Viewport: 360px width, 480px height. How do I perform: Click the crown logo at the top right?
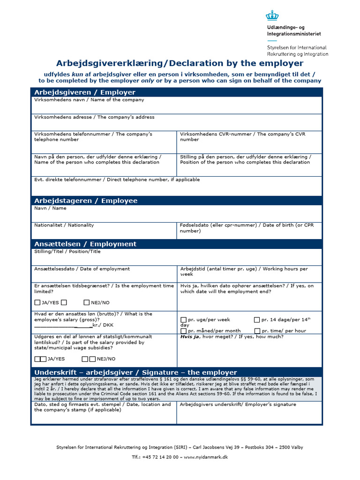coord(272,16)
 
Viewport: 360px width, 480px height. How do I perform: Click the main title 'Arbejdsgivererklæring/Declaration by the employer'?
coord(180,63)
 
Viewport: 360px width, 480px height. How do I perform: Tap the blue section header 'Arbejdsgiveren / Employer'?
coord(85,92)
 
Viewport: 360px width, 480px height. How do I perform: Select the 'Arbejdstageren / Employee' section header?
coord(86,201)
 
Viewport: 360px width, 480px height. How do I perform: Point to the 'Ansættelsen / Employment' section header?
coord(85,244)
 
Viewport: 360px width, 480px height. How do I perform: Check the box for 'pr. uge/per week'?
coord(183,320)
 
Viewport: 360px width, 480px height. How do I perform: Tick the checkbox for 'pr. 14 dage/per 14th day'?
coord(256,320)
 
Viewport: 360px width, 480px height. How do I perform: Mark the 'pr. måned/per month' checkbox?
coord(183,331)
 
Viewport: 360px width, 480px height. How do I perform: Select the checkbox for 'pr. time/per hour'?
coord(257,331)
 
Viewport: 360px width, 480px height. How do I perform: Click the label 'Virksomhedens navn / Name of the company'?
coord(89,100)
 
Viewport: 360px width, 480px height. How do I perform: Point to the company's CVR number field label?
coord(242,137)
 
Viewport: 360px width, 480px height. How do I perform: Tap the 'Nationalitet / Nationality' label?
coord(64,225)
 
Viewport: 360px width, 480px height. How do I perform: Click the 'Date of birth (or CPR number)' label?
coord(247,228)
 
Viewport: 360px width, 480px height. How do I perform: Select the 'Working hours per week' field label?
coord(244,271)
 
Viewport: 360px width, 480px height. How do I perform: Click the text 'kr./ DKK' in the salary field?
coord(103,325)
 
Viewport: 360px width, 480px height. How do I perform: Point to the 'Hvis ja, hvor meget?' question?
coord(232,337)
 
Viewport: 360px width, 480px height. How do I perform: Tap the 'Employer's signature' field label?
coord(238,405)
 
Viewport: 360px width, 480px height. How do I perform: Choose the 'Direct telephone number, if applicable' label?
coord(117,180)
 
